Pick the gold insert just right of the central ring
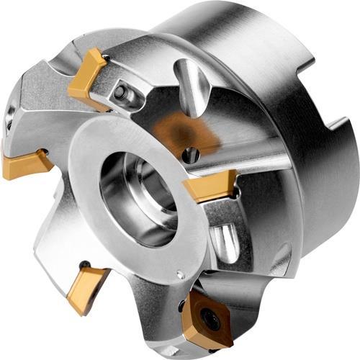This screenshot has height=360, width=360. pos(210,186)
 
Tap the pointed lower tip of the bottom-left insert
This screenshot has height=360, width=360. pos(75,312)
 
